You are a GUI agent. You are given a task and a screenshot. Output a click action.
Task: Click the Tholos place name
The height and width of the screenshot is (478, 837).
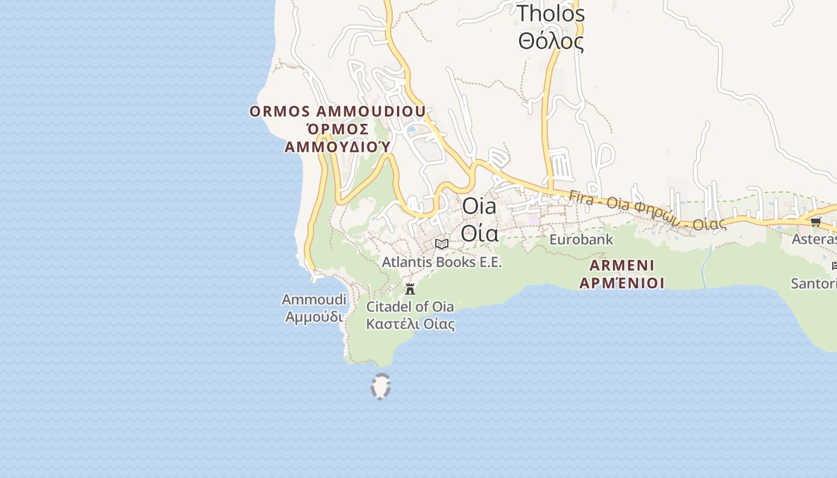[x=551, y=14]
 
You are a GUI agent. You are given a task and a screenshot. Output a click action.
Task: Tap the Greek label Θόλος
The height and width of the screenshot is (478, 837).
[x=551, y=42]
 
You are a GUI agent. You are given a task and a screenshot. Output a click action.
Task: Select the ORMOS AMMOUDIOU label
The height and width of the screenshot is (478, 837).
[x=338, y=112]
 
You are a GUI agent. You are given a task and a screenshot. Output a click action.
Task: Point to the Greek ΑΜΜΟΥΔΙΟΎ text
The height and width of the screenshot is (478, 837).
[x=338, y=146]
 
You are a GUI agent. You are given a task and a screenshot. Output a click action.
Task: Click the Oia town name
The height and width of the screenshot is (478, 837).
[x=479, y=206]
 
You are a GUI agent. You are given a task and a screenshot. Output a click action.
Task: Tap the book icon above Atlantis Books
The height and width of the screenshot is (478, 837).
[x=442, y=244]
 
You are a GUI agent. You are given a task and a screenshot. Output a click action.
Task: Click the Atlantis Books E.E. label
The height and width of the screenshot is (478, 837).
[x=442, y=262]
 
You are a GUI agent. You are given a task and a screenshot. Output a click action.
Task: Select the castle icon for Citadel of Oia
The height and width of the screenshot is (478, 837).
[x=410, y=289]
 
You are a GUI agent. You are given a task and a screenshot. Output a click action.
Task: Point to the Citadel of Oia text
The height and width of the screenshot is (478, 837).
[x=410, y=307]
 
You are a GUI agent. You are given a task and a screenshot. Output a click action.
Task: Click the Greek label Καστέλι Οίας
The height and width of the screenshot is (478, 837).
[x=410, y=324]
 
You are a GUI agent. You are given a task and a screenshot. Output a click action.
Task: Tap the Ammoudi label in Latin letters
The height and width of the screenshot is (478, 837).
[x=314, y=299]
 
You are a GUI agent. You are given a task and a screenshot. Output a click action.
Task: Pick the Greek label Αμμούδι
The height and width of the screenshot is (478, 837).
[x=314, y=316]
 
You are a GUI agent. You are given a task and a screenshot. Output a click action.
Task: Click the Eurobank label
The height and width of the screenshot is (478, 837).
[x=581, y=240]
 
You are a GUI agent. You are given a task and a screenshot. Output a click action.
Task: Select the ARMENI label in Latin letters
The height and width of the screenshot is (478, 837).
[x=622, y=265]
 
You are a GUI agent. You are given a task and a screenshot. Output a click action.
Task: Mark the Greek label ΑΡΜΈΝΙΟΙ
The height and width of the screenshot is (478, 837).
[x=622, y=283]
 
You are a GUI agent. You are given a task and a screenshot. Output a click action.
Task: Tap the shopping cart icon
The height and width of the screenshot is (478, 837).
[x=815, y=222]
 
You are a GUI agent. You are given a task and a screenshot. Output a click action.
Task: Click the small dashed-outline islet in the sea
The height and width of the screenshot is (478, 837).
[x=380, y=386]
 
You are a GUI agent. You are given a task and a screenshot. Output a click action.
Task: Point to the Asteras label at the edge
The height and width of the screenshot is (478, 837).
[x=814, y=240]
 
